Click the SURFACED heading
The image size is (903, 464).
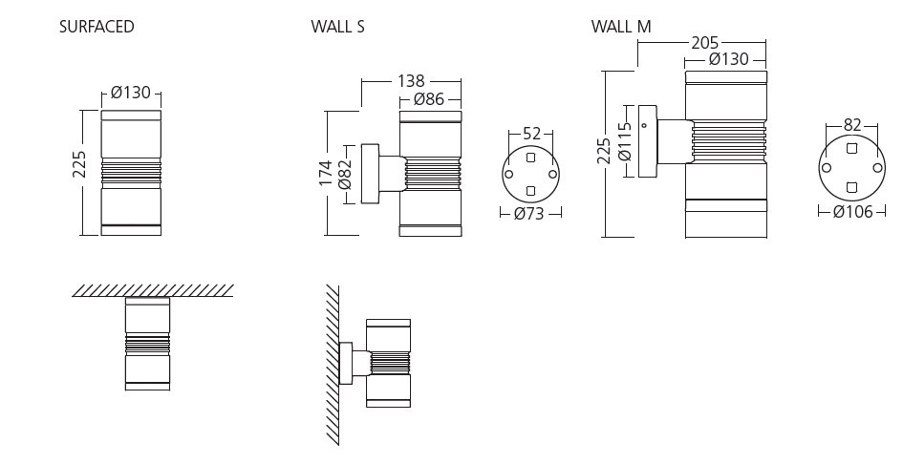pos(97,27)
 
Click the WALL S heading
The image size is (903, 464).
pos(337,27)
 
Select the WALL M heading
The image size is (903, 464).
pos(620,27)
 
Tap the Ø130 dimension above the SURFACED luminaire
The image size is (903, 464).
pos(131,94)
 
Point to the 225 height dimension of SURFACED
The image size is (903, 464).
pos(80,165)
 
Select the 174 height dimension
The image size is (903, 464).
pos(327,172)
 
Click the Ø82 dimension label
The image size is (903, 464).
pos(346,175)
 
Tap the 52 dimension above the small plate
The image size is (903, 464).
pos(531,134)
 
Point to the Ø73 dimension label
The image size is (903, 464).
pos(528,214)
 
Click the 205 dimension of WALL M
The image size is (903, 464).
pos(705,43)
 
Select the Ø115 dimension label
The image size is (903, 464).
pos(625,141)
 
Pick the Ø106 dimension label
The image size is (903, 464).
pos(852,212)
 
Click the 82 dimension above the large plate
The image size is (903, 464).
pos(852,125)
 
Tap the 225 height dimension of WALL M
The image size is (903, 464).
pos(604,150)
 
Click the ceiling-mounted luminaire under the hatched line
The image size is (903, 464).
pos(147,344)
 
